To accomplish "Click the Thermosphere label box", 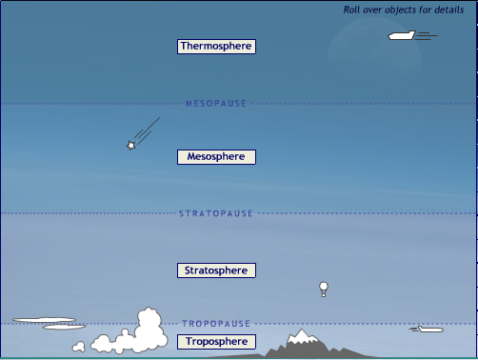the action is pyautogui.click(x=217, y=46).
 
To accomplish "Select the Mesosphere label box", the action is pyautogui.click(x=216, y=156).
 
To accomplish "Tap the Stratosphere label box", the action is pyautogui.click(x=217, y=270).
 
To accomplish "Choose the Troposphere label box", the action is pyautogui.click(x=216, y=341).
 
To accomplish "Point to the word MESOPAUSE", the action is pyautogui.click(x=215, y=103).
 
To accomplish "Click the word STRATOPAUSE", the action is pyautogui.click(x=216, y=213).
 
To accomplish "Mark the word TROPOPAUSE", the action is pyautogui.click(x=216, y=324).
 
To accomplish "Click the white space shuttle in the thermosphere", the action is pyautogui.click(x=401, y=35).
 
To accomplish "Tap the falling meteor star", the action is pyautogui.click(x=131, y=145).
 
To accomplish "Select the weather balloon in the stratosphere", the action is pyautogui.click(x=324, y=287).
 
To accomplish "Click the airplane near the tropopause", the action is pyautogui.click(x=428, y=330).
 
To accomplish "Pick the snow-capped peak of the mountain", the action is pyautogui.click(x=303, y=335).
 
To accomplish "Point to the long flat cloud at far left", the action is pyautogui.click(x=44, y=320).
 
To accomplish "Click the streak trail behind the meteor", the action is pyautogui.click(x=147, y=130).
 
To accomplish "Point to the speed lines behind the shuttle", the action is pyautogui.click(x=428, y=36).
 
